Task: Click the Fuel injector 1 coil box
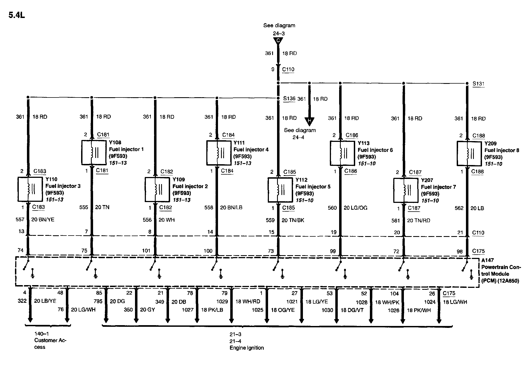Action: click(94, 152)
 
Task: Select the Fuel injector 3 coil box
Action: click(30, 189)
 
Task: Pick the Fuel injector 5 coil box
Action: click(280, 190)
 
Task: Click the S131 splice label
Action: click(478, 84)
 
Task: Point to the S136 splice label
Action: click(289, 98)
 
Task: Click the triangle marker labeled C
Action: click(278, 41)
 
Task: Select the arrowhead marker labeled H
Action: click(309, 121)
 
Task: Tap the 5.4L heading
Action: click(17, 15)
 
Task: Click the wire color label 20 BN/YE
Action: click(43, 219)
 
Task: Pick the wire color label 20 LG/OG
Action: click(355, 208)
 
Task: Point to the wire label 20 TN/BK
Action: click(293, 220)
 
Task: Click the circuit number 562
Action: click(459, 208)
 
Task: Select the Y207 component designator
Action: click(427, 180)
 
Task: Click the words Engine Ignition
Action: click(247, 348)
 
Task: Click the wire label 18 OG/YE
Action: click(283, 310)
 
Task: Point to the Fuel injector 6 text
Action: click(375, 150)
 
